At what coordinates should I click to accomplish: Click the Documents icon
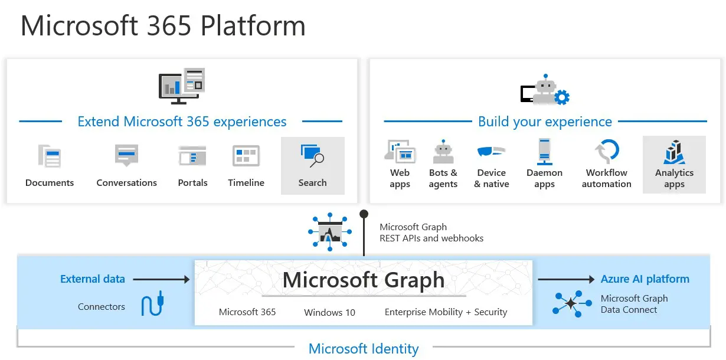point(49,156)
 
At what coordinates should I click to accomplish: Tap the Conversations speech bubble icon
point(126,155)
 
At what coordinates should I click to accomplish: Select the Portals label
point(192,183)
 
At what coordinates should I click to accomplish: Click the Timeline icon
point(246,156)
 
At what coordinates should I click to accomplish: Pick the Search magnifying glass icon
point(312,156)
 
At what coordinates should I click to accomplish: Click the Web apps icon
point(400,151)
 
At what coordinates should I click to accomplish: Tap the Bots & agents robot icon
point(443,151)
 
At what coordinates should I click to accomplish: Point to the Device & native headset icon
point(491,151)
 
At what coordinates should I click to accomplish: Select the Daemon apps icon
point(544,151)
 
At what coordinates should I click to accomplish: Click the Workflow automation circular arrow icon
point(607,151)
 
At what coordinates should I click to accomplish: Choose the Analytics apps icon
point(674,152)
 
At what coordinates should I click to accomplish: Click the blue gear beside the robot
point(562,97)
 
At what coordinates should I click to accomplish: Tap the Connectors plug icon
point(153,303)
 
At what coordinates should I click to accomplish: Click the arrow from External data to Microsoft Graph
point(161,279)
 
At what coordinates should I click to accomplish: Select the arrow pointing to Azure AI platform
point(566,279)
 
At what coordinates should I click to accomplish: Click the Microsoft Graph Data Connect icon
point(572,303)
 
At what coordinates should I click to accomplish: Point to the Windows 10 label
point(329,312)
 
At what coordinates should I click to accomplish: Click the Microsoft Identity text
point(364,349)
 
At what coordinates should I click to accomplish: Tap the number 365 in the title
point(169,25)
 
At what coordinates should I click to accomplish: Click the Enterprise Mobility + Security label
point(446,312)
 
